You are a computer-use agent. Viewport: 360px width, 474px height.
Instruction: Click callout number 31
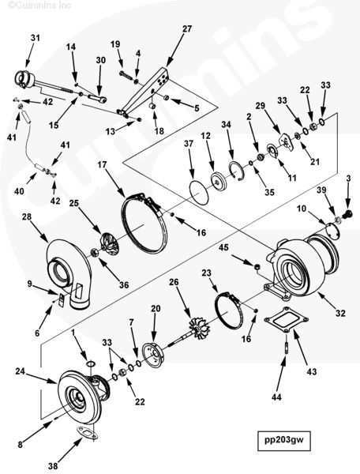[35, 38]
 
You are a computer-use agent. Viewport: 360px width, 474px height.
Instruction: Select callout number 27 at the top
[187, 29]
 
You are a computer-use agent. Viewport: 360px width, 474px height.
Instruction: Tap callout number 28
[27, 216]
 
